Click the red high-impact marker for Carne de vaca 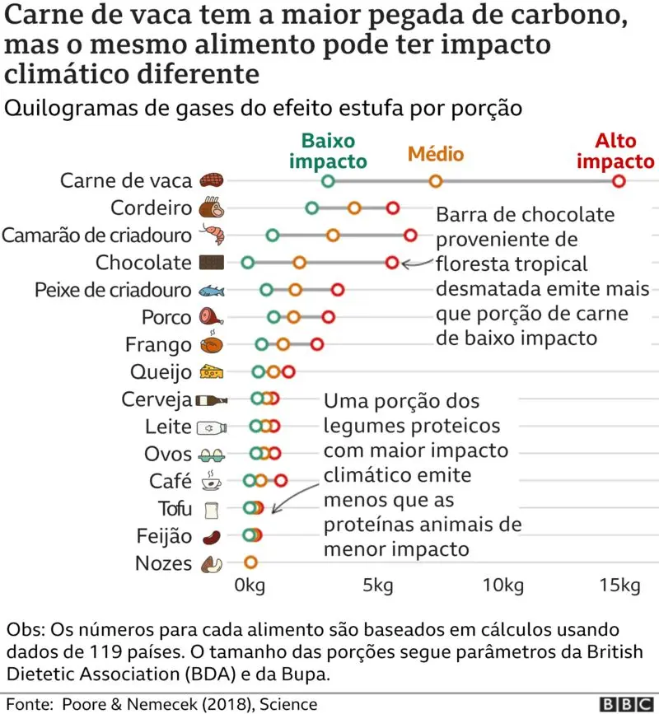619,181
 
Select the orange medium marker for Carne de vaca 436,181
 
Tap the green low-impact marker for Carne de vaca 329,181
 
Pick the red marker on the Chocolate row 392,263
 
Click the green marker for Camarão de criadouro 273,236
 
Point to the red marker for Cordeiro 392,208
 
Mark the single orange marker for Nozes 250,562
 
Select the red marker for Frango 317,344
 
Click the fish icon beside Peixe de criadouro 212,290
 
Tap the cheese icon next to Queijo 212,372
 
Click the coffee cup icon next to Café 212,481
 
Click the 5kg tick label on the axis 377,586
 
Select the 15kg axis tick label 619,586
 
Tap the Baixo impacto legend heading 328,151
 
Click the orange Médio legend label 436,154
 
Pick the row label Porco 166,317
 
